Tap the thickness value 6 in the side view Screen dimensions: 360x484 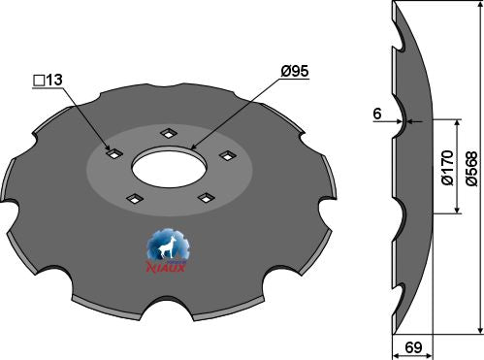click(x=377, y=112)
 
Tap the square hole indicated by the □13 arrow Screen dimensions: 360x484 click(x=113, y=153)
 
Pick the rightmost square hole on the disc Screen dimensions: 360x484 click(x=228, y=153)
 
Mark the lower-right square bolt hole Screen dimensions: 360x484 click(x=205, y=197)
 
